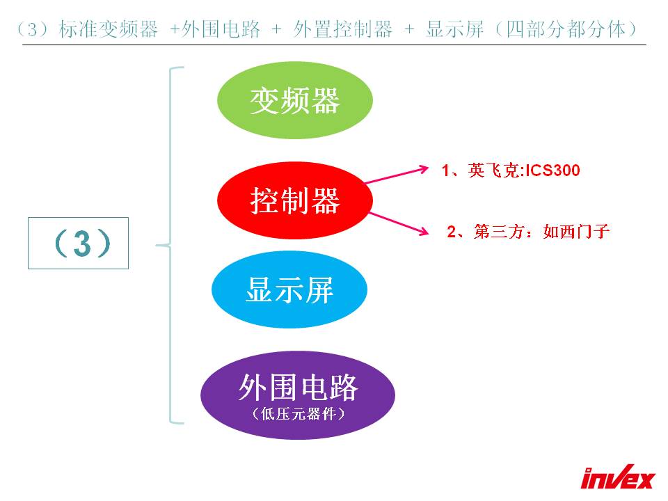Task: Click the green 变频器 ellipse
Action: coord(295,100)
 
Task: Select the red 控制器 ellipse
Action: coord(295,200)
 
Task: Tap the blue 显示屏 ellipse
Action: coord(289,289)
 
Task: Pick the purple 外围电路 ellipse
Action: coord(298,395)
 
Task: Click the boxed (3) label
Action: coord(79,244)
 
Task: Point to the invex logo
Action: coord(617,477)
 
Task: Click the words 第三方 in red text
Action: coord(498,232)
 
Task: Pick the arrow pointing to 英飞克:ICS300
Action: coord(397,175)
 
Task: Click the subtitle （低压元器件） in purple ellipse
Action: coord(299,413)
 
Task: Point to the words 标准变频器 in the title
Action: coord(109,29)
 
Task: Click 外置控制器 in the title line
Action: coord(343,29)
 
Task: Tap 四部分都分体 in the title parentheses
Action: coord(565,29)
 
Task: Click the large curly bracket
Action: coord(171,246)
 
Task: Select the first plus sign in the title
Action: coord(175,29)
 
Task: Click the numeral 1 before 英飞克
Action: coord(445,171)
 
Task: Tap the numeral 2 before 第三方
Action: coord(452,232)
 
